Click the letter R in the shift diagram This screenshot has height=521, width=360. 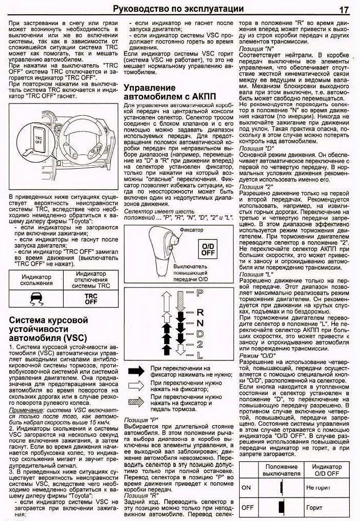(x=200, y=312)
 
